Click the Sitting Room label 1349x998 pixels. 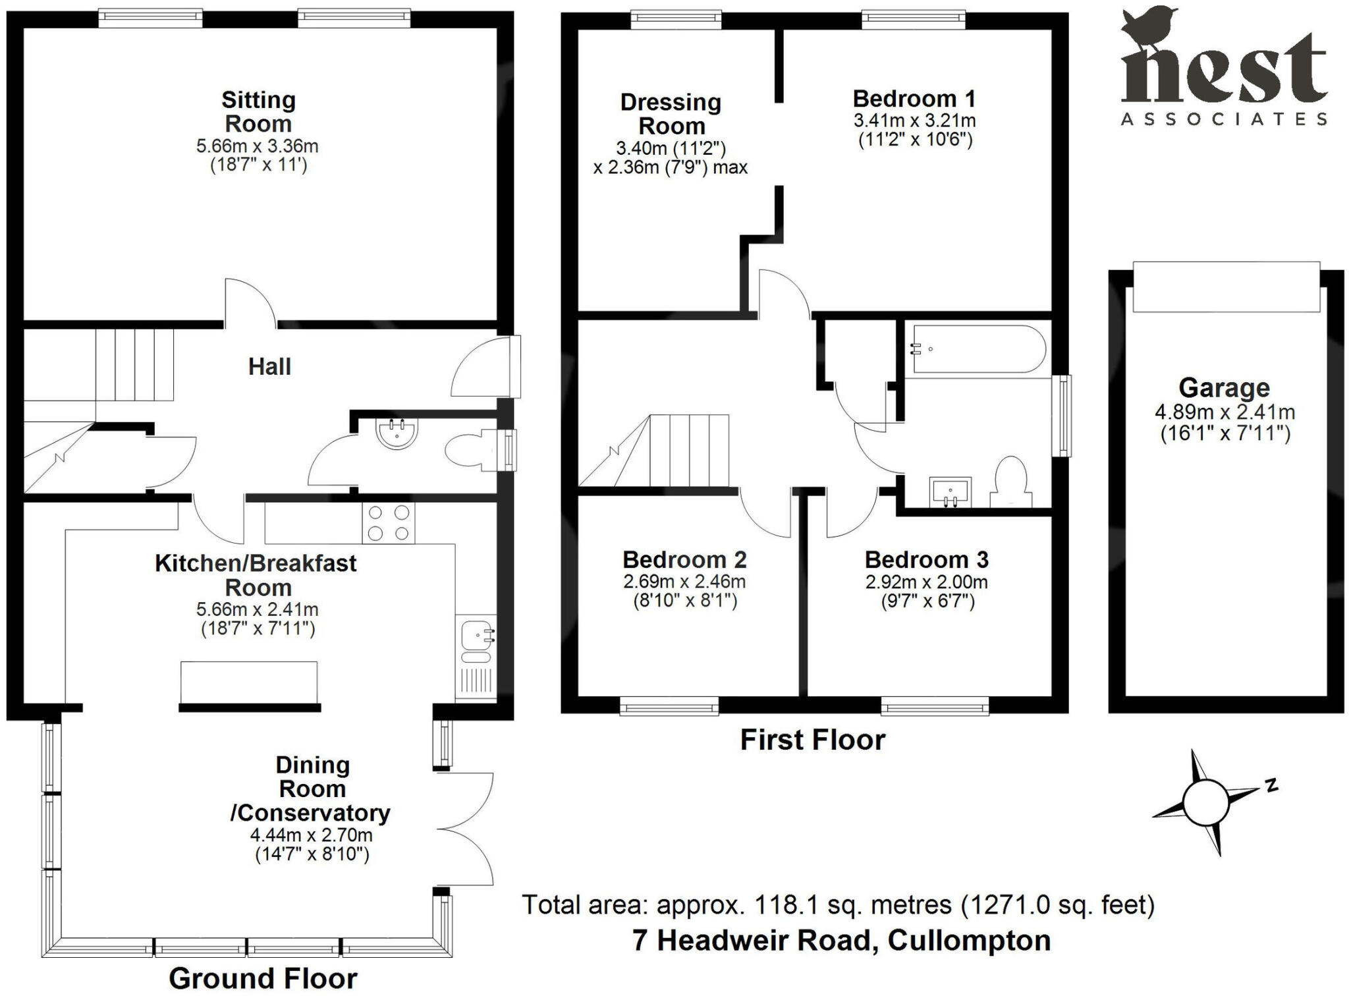(258, 112)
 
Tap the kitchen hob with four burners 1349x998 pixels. (388, 523)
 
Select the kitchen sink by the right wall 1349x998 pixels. (476, 637)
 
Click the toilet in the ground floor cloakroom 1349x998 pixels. (468, 451)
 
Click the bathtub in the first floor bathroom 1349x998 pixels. (974, 349)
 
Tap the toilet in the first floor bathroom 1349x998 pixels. (1011, 483)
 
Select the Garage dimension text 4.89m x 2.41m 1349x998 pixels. (1225, 412)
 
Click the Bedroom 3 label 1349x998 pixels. (926, 560)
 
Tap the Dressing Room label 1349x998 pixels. (671, 114)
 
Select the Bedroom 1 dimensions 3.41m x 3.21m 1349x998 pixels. (914, 121)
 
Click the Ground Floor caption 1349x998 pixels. (263, 978)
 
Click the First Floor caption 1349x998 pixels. (812, 740)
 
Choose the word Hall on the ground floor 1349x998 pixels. (269, 367)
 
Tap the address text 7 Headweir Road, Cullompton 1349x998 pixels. (841, 940)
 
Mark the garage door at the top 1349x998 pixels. (1226, 287)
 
